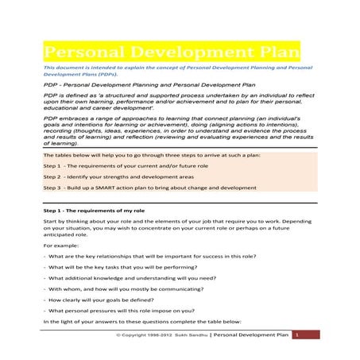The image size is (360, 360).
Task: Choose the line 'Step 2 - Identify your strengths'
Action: [119, 176]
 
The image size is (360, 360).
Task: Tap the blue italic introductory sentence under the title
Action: [179, 72]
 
